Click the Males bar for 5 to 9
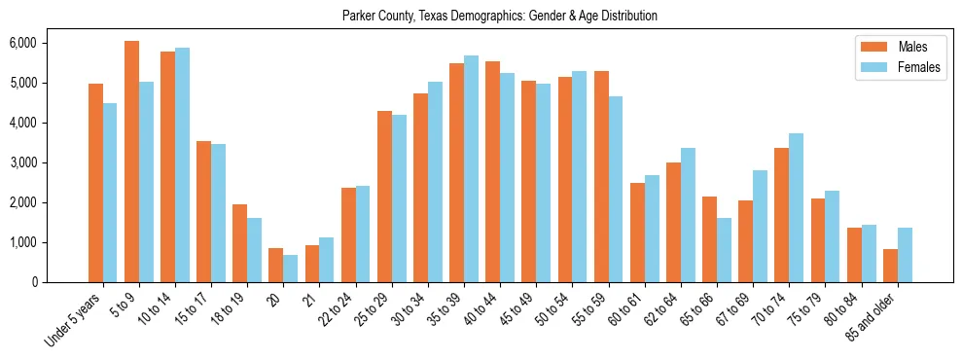point(131,162)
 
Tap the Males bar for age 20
point(275,265)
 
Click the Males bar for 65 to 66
point(709,239)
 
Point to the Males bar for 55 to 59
point(601,176)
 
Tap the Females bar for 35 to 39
point(471,168)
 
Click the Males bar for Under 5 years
point(95,183)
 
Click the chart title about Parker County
point(499,17)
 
